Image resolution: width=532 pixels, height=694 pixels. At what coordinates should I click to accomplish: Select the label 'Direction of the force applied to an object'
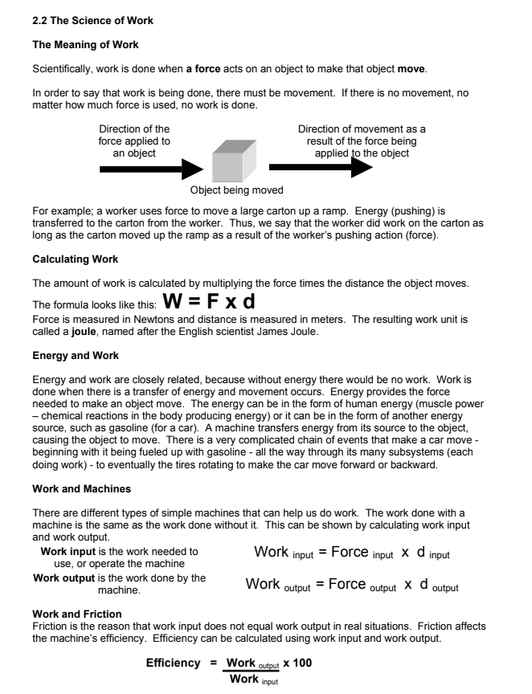click(134, 141)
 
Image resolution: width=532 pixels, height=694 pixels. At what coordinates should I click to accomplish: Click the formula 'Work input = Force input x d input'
click(351, 553)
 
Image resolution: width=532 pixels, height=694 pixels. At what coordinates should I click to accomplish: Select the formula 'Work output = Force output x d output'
click(351, 586)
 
